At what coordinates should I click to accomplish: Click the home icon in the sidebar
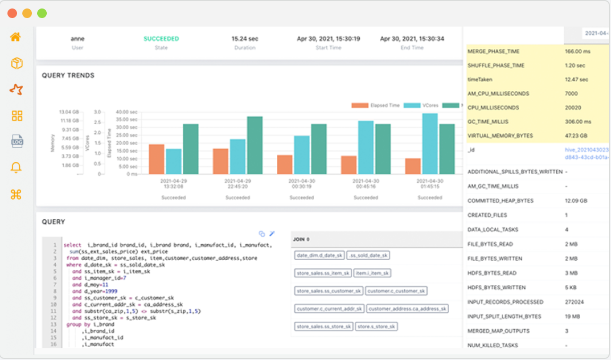[x=16, y=37]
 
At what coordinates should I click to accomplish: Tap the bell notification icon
[x=16, y=168]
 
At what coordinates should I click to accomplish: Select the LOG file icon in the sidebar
[x=17, y=141]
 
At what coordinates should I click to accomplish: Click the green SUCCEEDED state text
[x=161, y=39]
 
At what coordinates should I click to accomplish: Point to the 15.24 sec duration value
[x=245, y=39]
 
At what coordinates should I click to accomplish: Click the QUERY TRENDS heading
[x=68, y=75]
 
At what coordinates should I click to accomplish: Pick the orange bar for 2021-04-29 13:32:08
[x=156, y=159]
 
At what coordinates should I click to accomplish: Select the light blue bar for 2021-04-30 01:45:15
[x=430, y=143]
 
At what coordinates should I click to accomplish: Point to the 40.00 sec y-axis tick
[x=126, y=112]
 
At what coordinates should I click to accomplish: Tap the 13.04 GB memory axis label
[x=69, y=112]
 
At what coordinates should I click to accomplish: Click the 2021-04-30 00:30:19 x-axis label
[x=301, y=183]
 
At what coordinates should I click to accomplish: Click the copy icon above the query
[x=261, y=234]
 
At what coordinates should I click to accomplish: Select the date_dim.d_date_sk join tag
[x=319, y=255]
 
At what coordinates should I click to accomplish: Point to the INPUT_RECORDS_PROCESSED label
[x=505, y=302]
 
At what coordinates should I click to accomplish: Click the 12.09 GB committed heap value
[x=576, y=201]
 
